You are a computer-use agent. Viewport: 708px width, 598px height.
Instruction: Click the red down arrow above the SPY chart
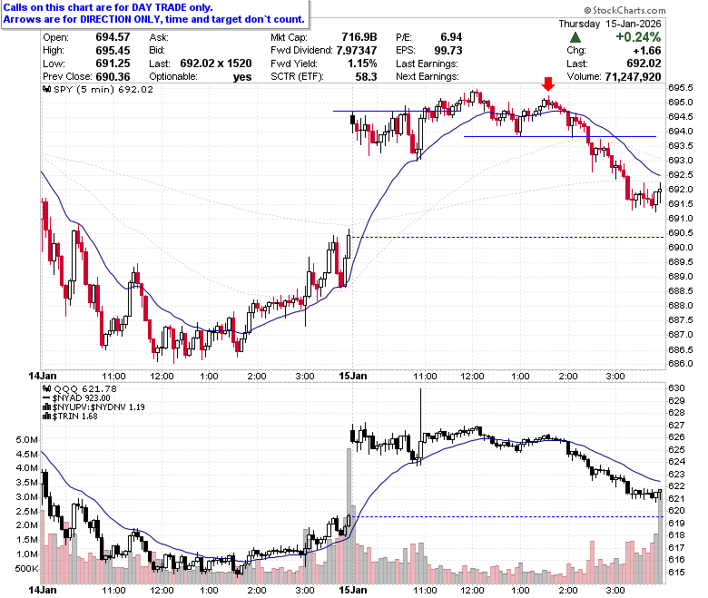pyautogui.click(x=548, y=84)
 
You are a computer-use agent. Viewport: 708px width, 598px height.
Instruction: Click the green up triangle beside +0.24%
pyautogui.click(x=575, y=37)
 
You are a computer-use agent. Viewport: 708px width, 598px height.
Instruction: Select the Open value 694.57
pyautogui.click(x=113, y=37)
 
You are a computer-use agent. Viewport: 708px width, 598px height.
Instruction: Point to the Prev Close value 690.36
pyautogui.click(x=113, y=76)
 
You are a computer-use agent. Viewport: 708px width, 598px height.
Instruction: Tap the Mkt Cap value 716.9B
pyautogui.click(x=359, y=37)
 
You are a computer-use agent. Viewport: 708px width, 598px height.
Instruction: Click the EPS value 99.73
pyautogui.click(x=448, y=50)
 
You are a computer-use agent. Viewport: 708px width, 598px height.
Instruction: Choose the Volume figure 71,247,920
pyautogui.click(x=633, y=77)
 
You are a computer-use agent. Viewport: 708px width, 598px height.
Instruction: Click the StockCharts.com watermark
pyautogui.click(x=624, y=10)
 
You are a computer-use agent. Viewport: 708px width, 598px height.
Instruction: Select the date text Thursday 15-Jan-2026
pyautogui.click(x=610, y=24)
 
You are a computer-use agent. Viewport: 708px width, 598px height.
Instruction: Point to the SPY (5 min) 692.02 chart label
pyautogui.click(x=98, y=89)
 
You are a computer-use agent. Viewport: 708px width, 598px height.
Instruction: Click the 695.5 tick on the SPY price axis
pyautogui.click(x=681, y=87)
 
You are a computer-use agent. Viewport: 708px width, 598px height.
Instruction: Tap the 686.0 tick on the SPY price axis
pyautogui.click(x=681, y=363)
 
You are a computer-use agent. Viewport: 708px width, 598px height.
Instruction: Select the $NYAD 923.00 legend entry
pyautogui.click(x=76, y=398)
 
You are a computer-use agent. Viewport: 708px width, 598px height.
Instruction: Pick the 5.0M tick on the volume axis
pyautogui.click(x=27, y=439)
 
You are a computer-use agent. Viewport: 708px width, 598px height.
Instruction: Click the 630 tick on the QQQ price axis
pyautogui.click(x=676, y=388)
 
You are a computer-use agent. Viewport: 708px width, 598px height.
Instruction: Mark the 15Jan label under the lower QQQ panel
pyautogui.click(x=353, y=590)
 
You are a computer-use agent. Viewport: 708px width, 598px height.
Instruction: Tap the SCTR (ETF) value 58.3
pyautogui.click(x=366, y=77)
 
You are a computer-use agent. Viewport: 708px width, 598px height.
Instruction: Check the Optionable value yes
pyautogui.click(x=242, y=77)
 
